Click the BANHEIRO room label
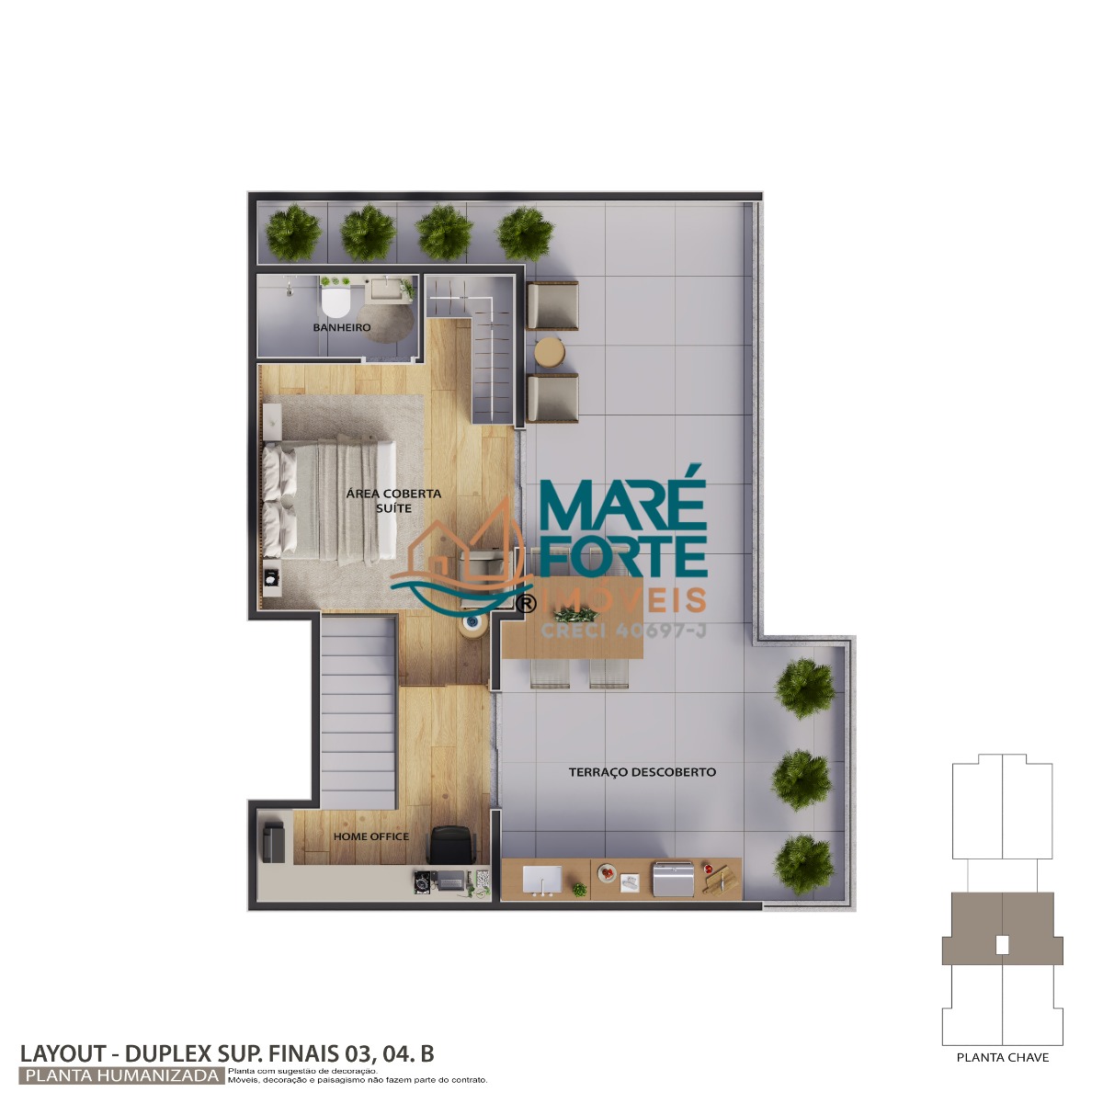[x=342, y=327]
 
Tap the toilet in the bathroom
[x=335, y=301]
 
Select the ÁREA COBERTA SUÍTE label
[x=393, y=501]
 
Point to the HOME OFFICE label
[x=371, y=836]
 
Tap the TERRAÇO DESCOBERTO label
[x=642, y=772]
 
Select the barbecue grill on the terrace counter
[x=674, y=880]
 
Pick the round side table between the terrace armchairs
[x=550, y=352]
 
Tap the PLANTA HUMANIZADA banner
[x=122, y=1075]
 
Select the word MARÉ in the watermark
[x=622, y=497]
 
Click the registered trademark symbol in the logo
[x=526, y=603]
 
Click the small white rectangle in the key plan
[x=1002, y=946]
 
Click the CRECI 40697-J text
[x=623, y=631]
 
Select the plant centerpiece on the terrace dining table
[x=576, y=615]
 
